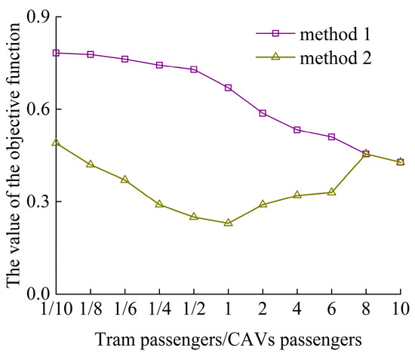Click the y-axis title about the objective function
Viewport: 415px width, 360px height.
click(14, 155)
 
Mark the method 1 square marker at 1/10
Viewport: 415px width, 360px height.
click(56, 53)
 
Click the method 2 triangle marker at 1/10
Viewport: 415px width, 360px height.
click(56, 143)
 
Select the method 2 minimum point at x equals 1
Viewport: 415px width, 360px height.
click(228, 223)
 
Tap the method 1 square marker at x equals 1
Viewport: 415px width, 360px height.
click(228, 88)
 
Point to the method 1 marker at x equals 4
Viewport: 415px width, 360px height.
click(297, 130)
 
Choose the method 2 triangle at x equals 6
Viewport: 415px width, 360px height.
click(331, 192)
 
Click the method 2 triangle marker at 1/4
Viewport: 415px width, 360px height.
click(159, 204)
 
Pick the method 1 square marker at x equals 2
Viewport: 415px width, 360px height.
click(263, 113)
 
